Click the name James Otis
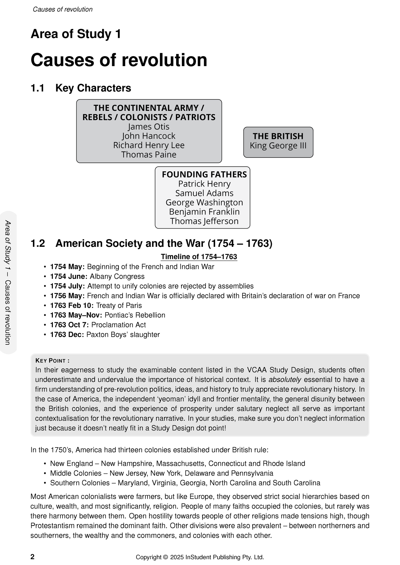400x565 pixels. pyautogui.click(x=149, y=127)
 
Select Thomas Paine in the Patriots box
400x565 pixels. pyautogui.click(x=149, y=155)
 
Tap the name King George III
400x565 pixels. pyautogui.click(x=278, y=146)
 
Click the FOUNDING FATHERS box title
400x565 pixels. pyautogui.click(x=204, y=174)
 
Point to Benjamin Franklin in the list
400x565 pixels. pyautogui.click(x=204, y=212)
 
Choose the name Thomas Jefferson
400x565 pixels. pyautogui.click(x=204, y=221)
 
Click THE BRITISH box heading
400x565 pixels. pyautogui.click(x=278, y=136)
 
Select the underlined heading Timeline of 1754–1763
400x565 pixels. pyautogui.click(x=199, y=257)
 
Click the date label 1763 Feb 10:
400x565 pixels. pyautogui.click(x=72, y=305)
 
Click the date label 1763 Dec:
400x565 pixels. pyautogui.click(x=67, y=334)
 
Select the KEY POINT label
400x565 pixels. pyautogui.click(x=52, y=360)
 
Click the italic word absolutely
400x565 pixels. pyautogui.click(x=285, y=380)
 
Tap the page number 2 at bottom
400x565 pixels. pyautogui.click(x=32, y=557)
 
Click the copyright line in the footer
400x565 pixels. pyautogui.click(x=200, y=557)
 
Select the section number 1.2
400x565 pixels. pyautogui.click(x=38, y=244)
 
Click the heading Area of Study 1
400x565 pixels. pyautogui.click(x=76, y=34)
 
